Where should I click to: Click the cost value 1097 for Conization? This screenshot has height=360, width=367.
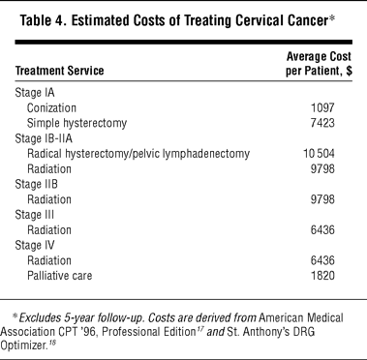point(322,107)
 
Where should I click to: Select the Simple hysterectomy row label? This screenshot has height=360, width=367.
point(76,123)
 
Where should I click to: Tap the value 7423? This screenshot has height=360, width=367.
point(322,123)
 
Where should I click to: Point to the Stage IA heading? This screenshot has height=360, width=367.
point(35,93)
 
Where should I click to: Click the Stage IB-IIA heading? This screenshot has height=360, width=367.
point(44,138)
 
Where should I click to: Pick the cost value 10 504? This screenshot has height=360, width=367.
point(319,154)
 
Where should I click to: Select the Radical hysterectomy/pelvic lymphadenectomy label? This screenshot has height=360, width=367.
point(138,154)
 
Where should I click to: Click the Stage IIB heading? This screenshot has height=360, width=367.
point(36,184)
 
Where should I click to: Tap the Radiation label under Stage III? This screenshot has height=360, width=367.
point(49,230)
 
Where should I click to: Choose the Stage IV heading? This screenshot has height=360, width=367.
point(35,245)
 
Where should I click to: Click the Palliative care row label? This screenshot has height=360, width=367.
point(60,276)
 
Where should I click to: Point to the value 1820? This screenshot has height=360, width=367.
point(322,276)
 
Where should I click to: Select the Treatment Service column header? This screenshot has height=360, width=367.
point(60,71)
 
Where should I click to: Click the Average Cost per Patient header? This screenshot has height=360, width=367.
point(319,64)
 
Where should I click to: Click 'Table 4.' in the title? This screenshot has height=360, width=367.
point(44,21)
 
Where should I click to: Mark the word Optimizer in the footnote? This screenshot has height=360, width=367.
point(22,345)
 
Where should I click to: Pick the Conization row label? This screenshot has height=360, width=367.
point(51,108)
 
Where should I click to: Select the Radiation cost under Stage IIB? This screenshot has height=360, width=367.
point(322,199)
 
